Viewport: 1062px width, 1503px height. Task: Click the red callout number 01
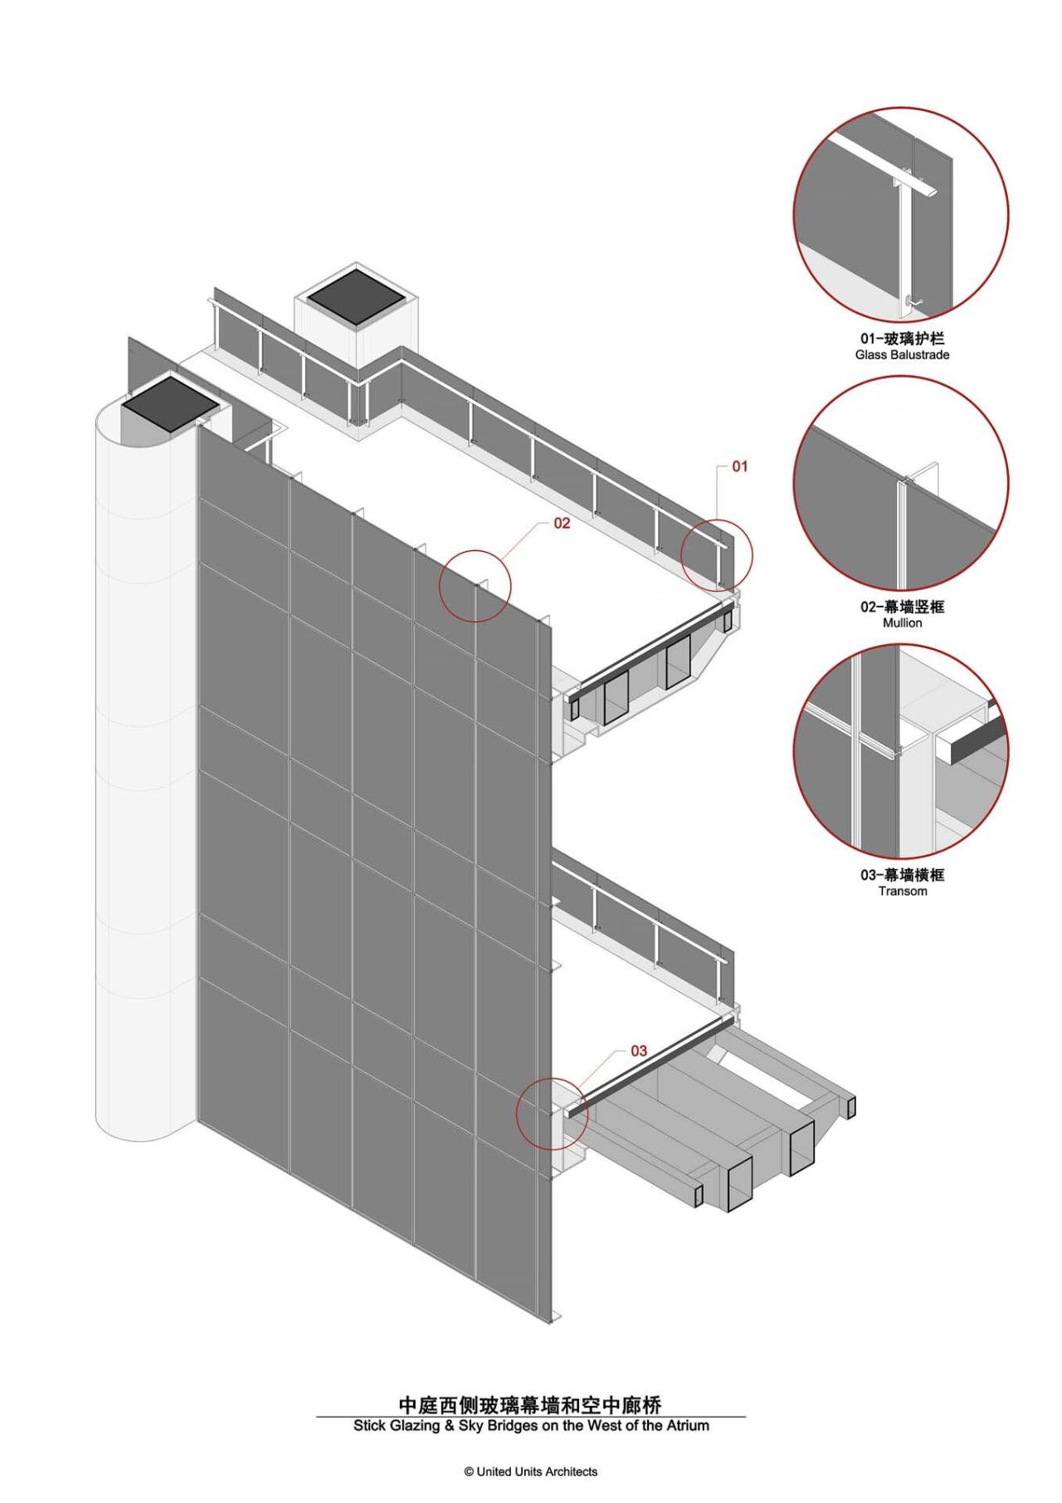click(739, 466)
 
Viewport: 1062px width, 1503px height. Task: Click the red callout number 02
click(562, 524)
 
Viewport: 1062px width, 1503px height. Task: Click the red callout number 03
click(639, 1051)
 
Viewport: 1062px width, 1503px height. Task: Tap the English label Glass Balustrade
click(902, 354)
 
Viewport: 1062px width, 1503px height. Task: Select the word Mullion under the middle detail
click(902, 622)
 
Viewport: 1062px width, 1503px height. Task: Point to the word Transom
click(902, 891)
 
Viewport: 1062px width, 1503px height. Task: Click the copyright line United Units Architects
click(531, 1471)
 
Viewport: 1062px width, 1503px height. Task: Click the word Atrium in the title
click(688, 1425)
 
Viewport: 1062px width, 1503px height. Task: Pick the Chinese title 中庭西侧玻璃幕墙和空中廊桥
click(531, 1404)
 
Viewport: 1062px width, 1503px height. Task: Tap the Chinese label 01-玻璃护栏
click(902, 339)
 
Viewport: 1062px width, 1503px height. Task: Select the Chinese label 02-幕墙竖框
click(902, 607)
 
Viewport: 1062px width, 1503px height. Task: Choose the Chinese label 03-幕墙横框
click(902, 875)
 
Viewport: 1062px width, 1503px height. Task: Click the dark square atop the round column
click(169, 401)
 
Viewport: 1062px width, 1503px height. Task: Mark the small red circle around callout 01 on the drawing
click(717, 555)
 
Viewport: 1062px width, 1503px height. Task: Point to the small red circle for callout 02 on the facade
click(475, 586)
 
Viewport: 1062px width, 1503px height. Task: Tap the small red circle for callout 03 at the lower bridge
click(552, 1113)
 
